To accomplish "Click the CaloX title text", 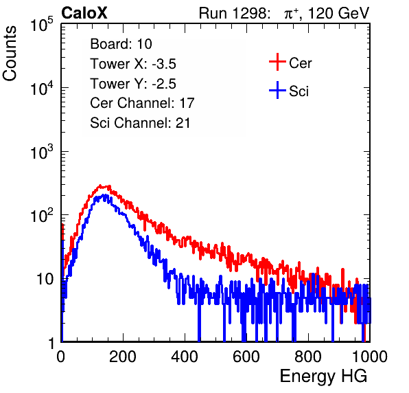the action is pyautogui.click(x=84, y=13).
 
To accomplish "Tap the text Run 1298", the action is pyautogui.click(x=233, y=13).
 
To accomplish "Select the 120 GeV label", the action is pyautogui.click(x=338, y=13).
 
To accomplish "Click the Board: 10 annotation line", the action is pyautogui.click(x=121, y=44).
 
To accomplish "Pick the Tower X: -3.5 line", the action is pyautogui.click(x=133, y=64).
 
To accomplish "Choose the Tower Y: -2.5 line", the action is pyautogui.click(x=133, y=84).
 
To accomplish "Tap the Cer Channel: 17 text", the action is pyautogui.click(x=142, y=103).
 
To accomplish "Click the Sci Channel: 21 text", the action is pyautogui.click(x=140, y=123).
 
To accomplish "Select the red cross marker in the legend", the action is pyautogui.click(x=277, y=62).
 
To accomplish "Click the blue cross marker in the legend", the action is pyautogui.click(x=277, y=90).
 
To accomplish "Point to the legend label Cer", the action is pyautogui.click(x=300, y=63).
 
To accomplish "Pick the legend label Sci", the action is pyautogui.click(x=299, y=91).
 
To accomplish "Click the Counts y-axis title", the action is pyautogui.click(x=10, y=54).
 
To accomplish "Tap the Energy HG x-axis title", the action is pyautogui.click(x=323, y=377).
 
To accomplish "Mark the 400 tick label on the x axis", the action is pyautogui.click(x=185, y=357).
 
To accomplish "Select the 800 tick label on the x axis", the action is pyautogui.click(x=308, y=357).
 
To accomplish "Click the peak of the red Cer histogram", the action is pyautogui.click(x=100, y=186).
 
